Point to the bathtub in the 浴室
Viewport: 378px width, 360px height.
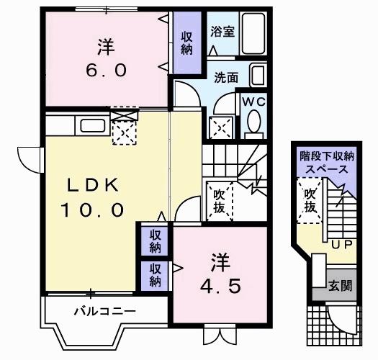pos(252,32)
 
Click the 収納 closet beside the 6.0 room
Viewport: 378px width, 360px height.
pos(186,42)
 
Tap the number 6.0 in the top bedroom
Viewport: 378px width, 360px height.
pos(108,71)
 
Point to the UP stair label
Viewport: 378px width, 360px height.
pos(341,245)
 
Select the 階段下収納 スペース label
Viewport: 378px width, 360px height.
pos(328,163)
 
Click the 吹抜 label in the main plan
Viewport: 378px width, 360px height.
pos(220,201)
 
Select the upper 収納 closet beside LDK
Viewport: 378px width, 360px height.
pos(156,240)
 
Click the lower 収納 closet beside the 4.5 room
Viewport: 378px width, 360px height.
pos(156,274)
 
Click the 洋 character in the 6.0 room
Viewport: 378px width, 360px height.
pos(106,46)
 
